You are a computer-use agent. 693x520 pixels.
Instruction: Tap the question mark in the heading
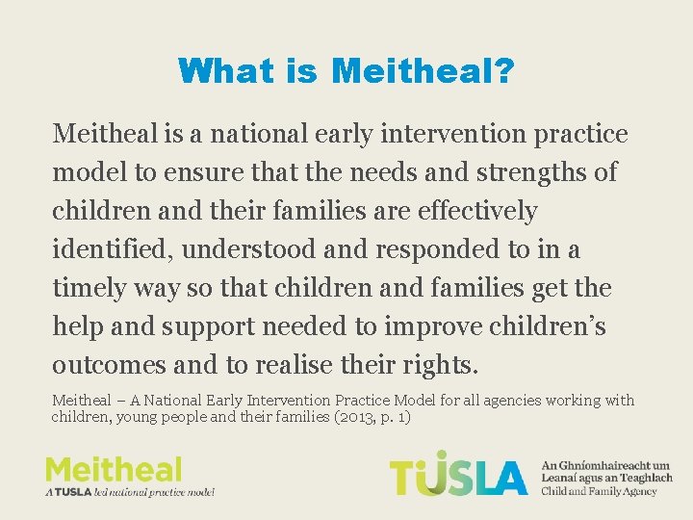[x=503, y=70]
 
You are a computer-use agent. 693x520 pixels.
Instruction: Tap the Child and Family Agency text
[x=600, y=491]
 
